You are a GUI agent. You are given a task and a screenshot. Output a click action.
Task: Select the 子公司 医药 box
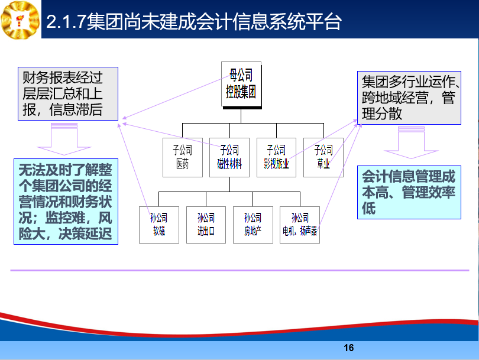point(183,157)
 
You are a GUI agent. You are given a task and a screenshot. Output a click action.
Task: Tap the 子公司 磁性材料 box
point(229,157)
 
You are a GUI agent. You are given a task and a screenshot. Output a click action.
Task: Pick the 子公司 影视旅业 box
point(277,157)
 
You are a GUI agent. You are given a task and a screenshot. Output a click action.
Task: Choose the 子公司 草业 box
point(323,157)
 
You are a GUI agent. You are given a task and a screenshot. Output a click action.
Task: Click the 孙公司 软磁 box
point(159,225)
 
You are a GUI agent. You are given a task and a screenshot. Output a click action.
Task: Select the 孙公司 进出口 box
point(206,225)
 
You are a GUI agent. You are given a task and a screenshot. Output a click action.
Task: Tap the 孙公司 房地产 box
point(253,225)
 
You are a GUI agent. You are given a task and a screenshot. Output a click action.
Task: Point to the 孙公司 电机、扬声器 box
point(300,225)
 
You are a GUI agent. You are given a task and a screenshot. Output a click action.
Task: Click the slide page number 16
point(348,348)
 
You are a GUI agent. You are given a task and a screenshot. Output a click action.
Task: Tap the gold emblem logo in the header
point(20,20)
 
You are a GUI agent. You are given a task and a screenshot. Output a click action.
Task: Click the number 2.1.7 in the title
point(65,22)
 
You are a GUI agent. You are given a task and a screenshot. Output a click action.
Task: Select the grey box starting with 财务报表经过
point(68,94)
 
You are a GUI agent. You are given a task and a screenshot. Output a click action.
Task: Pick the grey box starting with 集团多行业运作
point(409,98)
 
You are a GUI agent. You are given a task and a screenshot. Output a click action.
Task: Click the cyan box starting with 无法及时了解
point(66,202)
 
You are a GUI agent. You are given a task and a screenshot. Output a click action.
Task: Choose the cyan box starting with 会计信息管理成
point(409,192)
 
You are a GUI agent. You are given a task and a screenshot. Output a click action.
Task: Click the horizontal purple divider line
point(240,270)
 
